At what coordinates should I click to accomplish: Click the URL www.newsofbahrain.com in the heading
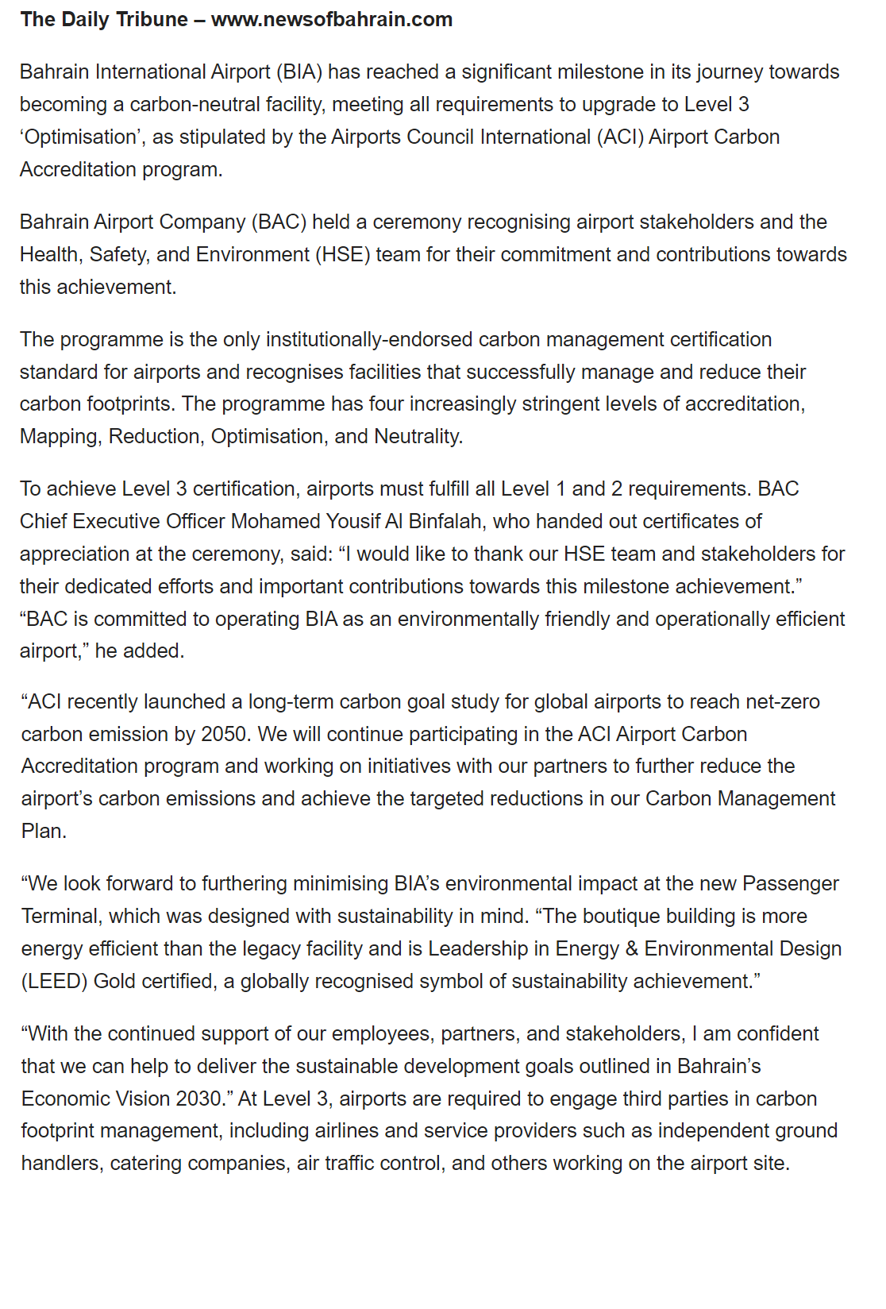tap(332, 20)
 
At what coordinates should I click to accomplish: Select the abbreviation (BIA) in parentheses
tap(299, 72)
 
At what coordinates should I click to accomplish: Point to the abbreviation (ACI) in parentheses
tap(618, 137)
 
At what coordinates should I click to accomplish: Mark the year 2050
tap(225, 735)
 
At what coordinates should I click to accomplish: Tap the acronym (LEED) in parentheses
tap(54, 982)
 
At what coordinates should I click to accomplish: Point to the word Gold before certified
tap(114, 982)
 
